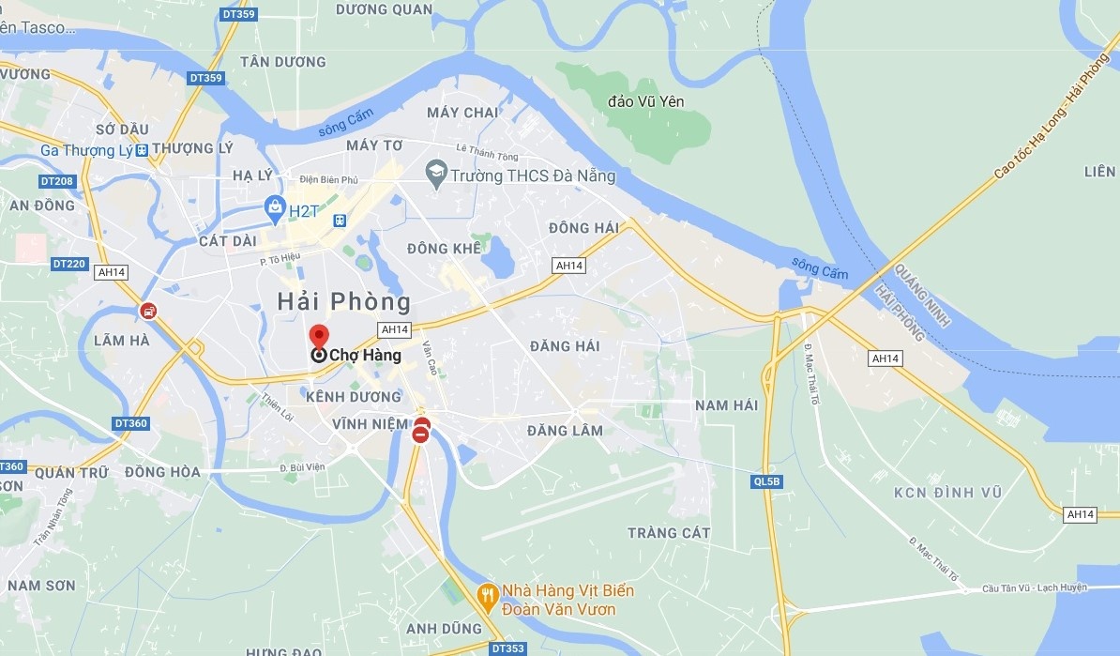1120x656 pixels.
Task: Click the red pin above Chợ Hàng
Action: coord(319,336)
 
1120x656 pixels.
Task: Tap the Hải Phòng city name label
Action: coord(344,301)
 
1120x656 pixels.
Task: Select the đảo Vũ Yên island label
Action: coord(646,100)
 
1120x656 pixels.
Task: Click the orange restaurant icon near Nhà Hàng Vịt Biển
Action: coord(486,593)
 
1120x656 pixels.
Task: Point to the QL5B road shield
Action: coord(766,482)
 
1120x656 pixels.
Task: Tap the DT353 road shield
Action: coord(507,648)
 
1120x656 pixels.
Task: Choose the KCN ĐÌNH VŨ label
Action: coord(947,493)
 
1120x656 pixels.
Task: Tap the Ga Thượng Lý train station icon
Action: coord(141,150)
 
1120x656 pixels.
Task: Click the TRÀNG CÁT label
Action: coord(669,533)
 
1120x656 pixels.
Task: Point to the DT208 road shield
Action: coord(57,180)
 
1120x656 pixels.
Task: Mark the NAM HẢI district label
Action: coord(726,404)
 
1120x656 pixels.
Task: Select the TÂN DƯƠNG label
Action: coord(282,62)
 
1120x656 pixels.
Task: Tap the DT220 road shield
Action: coord(69,264)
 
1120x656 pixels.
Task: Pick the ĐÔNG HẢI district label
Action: coord(583,228)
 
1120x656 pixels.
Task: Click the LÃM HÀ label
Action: coord(121,341)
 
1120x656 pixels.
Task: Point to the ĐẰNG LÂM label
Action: coord(565,431)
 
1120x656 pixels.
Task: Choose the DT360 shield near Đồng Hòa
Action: coord(130,423)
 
